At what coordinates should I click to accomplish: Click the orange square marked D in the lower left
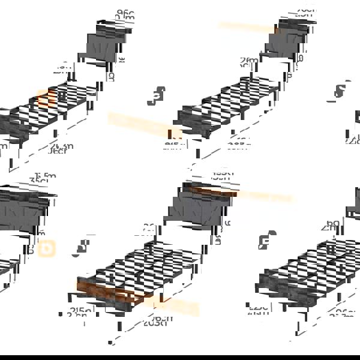point(46,248)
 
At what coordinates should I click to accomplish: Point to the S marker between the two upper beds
point(158,96)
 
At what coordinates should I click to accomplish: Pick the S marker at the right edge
point(340,91)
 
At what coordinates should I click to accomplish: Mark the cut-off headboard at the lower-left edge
point(24,210)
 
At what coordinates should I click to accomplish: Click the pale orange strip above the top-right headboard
point(246,27)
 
